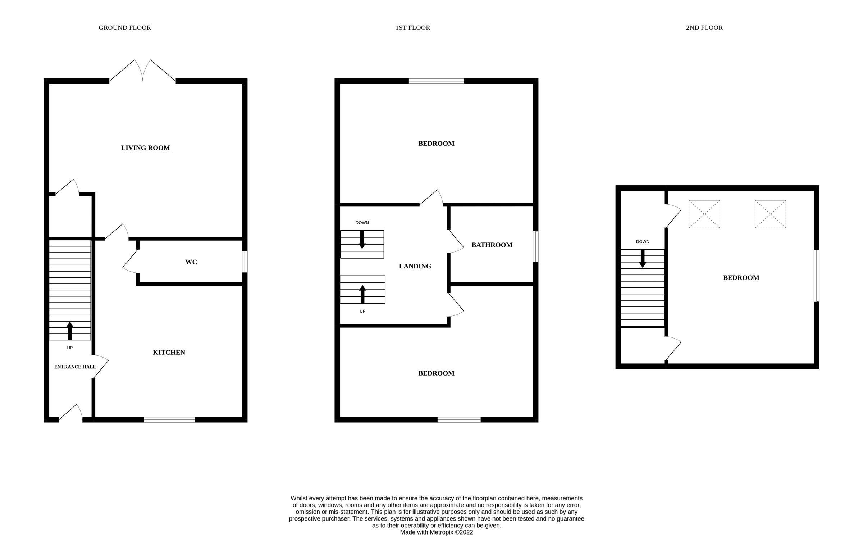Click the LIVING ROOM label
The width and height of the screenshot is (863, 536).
coord(145,148)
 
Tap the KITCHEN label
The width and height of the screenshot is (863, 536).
coord(169,353)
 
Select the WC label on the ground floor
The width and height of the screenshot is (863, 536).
coord(191,262)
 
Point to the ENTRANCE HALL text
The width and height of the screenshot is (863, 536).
coord(75,367)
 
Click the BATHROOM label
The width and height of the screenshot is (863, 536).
coord(492,245)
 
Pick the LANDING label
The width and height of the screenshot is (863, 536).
coord(415,266)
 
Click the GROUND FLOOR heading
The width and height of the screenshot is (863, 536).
coord(124,28)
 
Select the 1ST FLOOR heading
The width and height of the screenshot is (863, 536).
coord(412,28)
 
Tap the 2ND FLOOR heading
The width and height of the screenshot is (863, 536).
coord(704,28)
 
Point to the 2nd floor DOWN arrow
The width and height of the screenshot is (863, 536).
coord(642,258)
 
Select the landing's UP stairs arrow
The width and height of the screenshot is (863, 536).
coord(362,294)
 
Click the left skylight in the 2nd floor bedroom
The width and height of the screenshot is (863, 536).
coord(704,214)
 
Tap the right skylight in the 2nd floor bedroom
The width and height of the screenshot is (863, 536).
coord(770,214)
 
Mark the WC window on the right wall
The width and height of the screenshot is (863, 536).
coord(245,262)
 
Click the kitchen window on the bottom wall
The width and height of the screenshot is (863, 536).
coord(169,419)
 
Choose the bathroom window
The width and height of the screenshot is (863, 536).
coord(535,246)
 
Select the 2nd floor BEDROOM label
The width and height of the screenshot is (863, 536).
coord(741,278)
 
